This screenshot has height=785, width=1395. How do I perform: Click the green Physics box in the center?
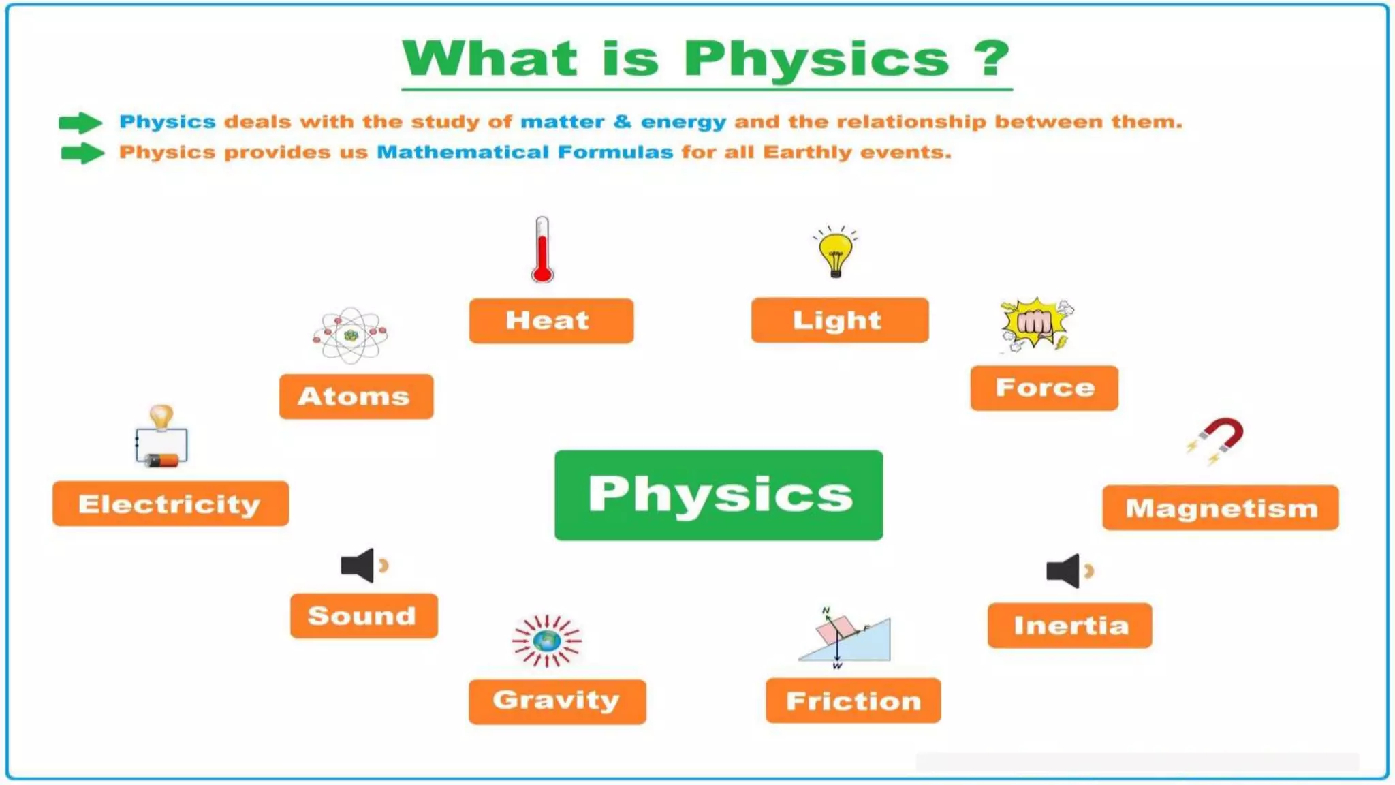pyautogui.click(x=719, y=495)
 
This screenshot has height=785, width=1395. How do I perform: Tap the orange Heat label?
pyautogui.click(x=551, y=321)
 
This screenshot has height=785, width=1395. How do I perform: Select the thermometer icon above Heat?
pyautogui.click(x=542, y=250)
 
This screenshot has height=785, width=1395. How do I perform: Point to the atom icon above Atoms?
pyautogui.click(x=351, y=335)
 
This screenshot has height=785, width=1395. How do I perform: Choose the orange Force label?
pyautogui.click(x=1044, y=388)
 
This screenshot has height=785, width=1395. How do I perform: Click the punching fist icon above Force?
pyautogui.click(x=1035, y=324)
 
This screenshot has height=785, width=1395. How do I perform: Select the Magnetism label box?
pyautogui.click(x=1221, y=508)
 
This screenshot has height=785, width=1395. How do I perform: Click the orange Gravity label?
pyautogui.click(x=557, y=701)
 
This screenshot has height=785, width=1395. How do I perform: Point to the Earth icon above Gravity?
pyautogui.click(x=547, y=641)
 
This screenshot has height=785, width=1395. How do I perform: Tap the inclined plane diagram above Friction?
pyautogui.click(x=847, y=638)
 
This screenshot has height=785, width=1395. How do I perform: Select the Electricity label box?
pyautogui.click(x=170, y=504)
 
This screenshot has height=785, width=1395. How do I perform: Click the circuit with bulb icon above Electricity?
pyautogui.click(x=161, y=438)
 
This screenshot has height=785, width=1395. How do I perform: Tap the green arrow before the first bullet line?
pyautogui.click(x=80, y=123)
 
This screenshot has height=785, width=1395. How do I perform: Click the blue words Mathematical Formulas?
pyautogui.click(x=524, y=152)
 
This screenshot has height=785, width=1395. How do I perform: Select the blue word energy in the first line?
pyautogui.click(x=683, y=122)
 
